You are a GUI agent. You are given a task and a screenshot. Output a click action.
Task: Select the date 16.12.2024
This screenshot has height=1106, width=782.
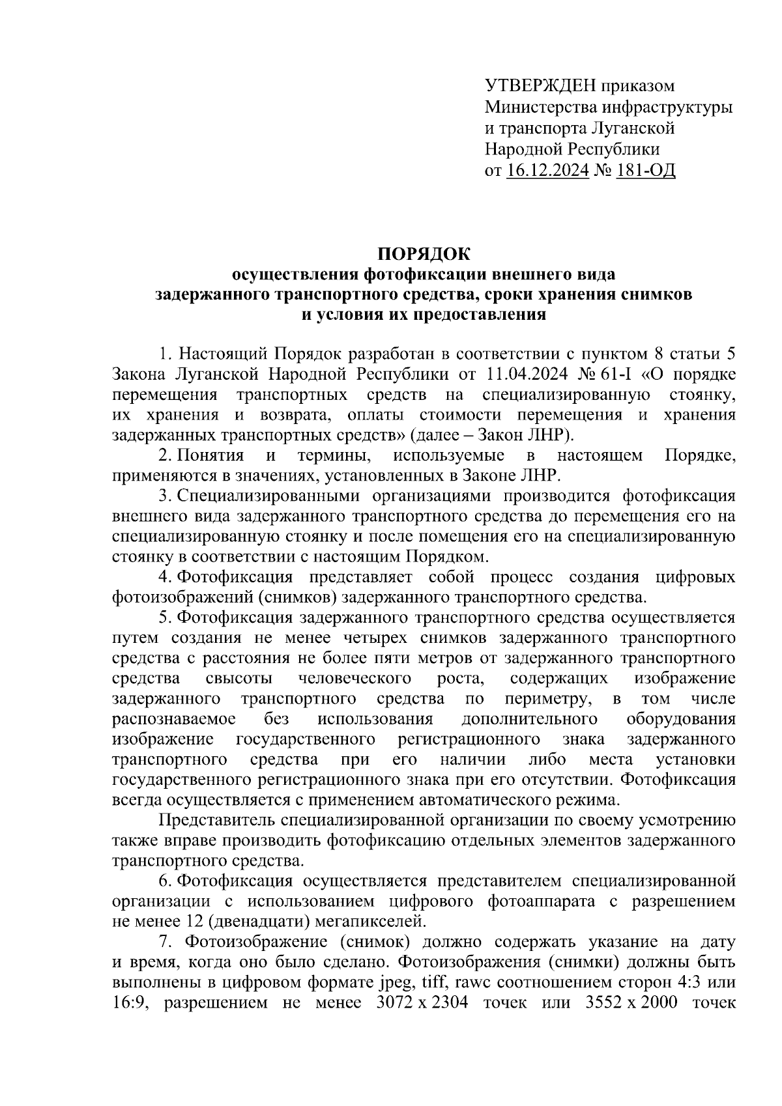click(x=547, y=171)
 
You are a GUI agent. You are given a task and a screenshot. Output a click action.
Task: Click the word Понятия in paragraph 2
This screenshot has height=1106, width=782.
click(x=210, y=456)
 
